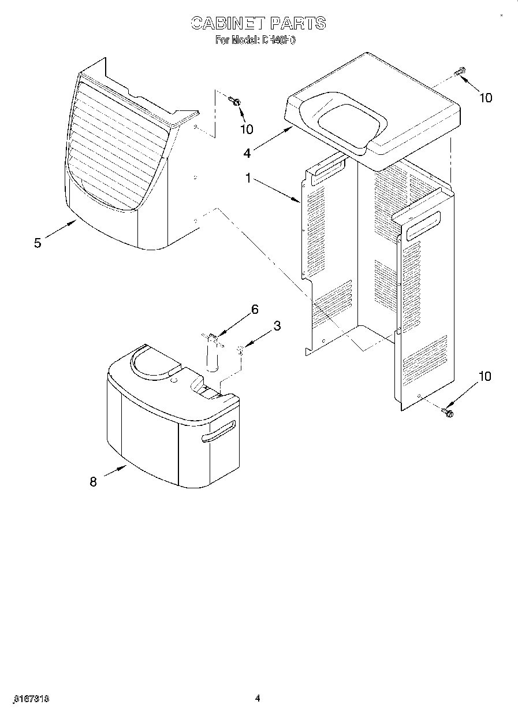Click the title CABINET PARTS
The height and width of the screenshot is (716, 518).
click(x=258, y=23)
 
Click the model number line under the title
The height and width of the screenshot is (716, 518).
click(x=255, y=40)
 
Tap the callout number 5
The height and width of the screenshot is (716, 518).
click(x=38, y=243)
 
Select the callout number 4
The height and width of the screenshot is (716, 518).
click(x=247, y=153)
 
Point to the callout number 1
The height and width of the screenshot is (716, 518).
click(x=248, y=179)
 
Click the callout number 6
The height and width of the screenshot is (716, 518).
click(x=254, y=309)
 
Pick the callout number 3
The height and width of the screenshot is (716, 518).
click(x=277, y=326)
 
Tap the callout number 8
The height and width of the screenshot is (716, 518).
click(x=94, y=481)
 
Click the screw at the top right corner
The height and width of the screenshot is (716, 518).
click(x=460, y=73)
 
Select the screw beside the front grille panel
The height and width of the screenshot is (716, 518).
click(x=235, y=102)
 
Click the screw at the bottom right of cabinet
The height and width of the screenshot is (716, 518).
click(x=447, y=412)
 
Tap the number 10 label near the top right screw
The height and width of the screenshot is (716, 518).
click(x=486, y=98)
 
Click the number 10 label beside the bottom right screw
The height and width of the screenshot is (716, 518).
click(x=485, y=377)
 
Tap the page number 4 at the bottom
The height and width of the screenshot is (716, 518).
click(x=258, y=699)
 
